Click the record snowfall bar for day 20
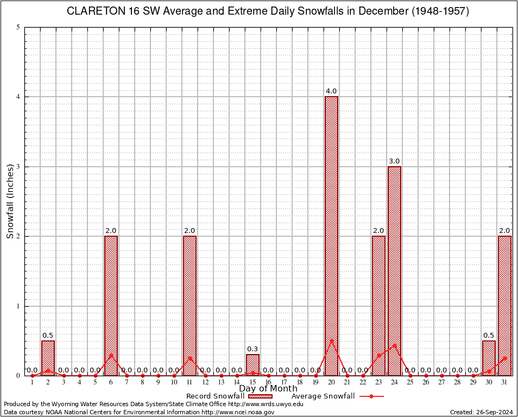click(x=331, y=236)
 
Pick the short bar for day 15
click(x=252, y=364)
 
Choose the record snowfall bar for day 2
click(x=48, y=358)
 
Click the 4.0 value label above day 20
click(x=331, y=91)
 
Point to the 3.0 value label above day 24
click(x=394, y=161)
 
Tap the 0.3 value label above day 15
click(x=252, y=349)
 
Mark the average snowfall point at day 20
click(x=331, y=340)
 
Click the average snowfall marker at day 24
click(x=394, y=345)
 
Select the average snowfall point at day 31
click(x=505, y=358)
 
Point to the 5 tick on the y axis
click(x=18, y=27)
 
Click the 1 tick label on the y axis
click(x=18, y=306)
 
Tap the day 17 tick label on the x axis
click(x=284, y=382)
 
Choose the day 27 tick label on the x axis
click(x=441, y=382)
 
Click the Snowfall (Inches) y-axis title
click(x=10, y=201)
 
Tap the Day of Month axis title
click(x=268, y=388)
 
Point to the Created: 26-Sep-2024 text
click(x=481, y=412)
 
